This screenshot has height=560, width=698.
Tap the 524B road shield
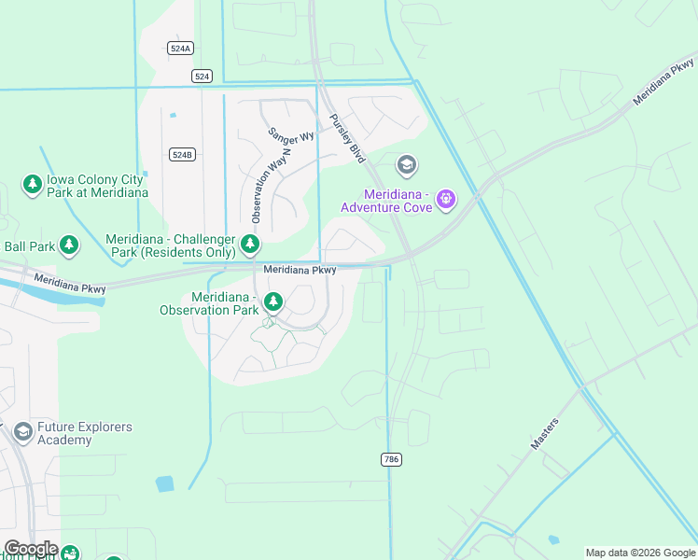tap(182, 154)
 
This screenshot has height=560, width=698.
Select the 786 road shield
tap(391, 459)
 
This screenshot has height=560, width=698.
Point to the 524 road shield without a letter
tap(202, 76)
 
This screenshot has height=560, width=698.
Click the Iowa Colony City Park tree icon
tap(33, 184)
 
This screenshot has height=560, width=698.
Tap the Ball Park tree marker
tap(69, 245)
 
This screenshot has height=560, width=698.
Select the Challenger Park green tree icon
tap(249, 245)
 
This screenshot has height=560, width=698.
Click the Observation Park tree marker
tap(272, 301)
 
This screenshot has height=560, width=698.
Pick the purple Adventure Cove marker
tap(446, 198)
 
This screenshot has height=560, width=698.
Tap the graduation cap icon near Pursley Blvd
tap(406, 166)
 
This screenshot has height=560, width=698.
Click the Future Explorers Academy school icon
tap(21, 432)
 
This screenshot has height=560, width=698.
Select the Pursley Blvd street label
tap(345, 140)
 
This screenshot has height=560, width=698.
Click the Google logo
tap(31, 549)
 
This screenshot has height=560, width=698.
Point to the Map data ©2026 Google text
tap(640, 553)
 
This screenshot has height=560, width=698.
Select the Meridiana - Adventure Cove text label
tap(397, 201)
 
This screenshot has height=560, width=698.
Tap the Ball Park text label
tap(28, 246)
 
